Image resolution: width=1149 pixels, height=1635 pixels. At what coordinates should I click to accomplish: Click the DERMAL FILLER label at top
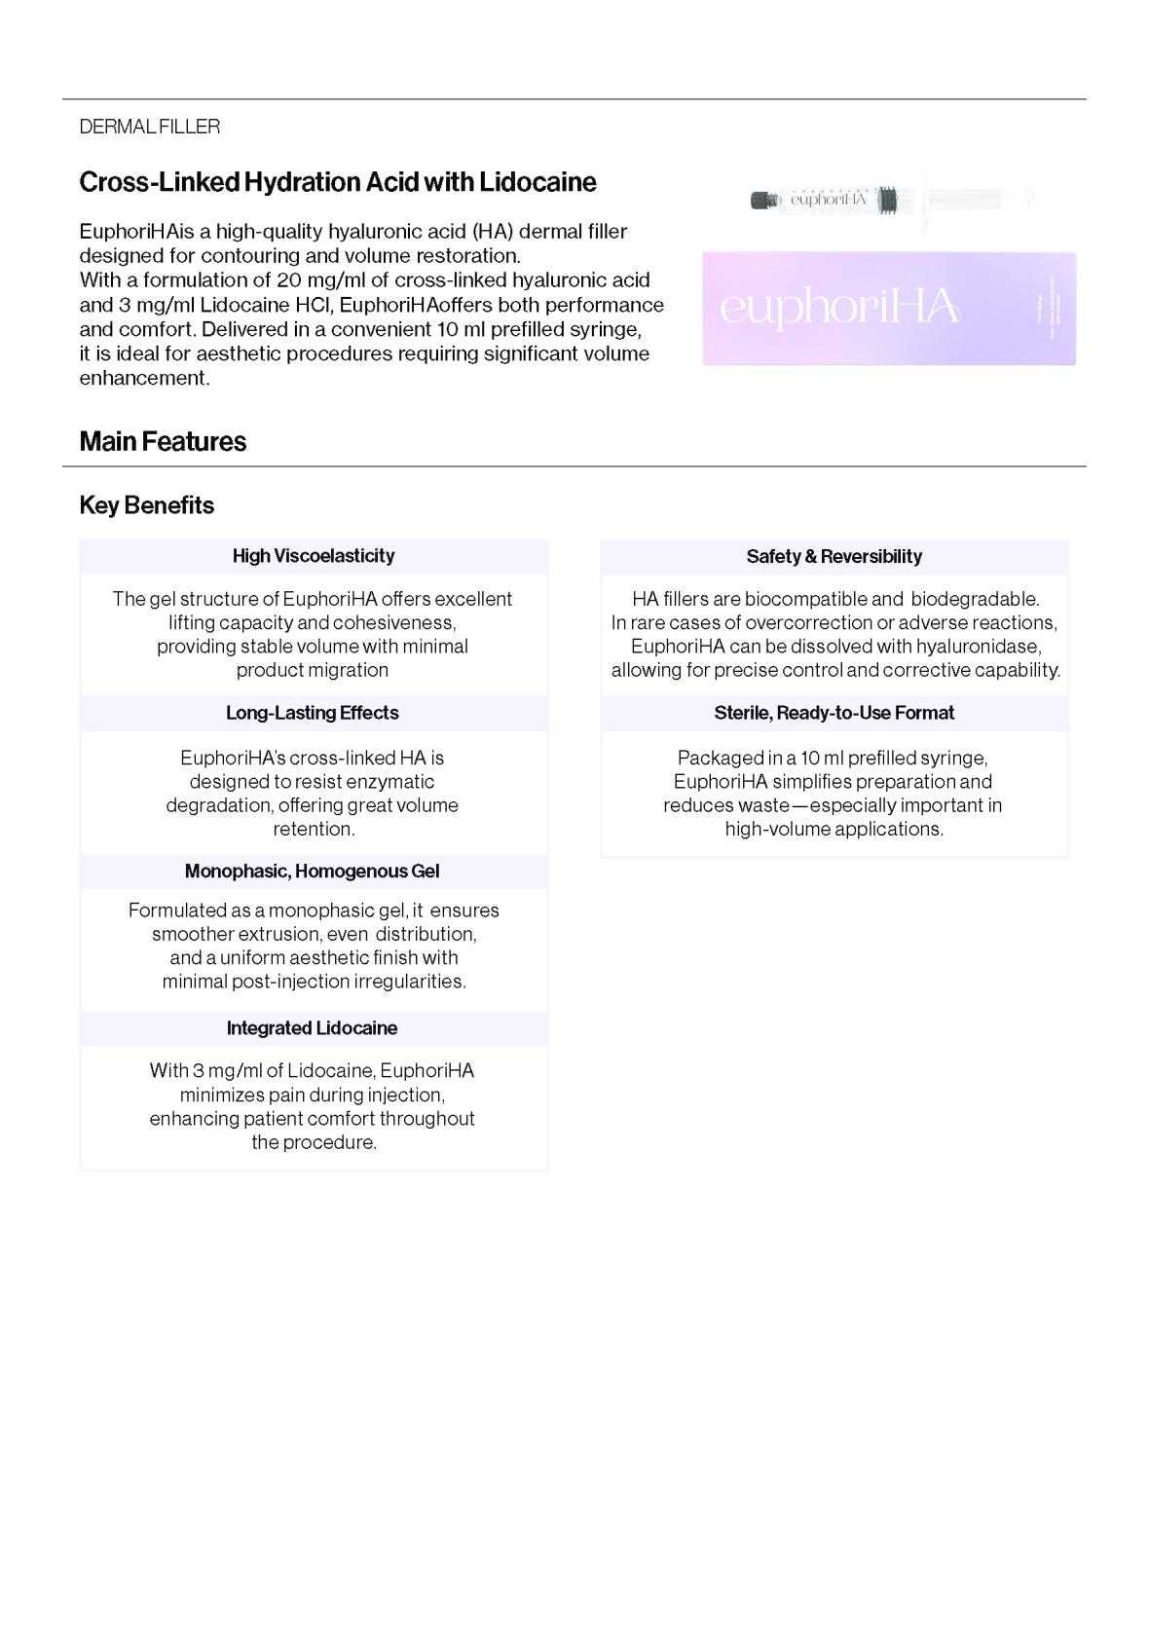point(150,127)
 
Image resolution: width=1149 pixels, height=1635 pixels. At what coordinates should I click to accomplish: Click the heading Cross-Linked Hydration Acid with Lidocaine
point(337,182)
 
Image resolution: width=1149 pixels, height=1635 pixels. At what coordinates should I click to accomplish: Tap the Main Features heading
point(163,441)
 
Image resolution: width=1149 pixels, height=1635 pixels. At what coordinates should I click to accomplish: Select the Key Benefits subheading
point(146,505)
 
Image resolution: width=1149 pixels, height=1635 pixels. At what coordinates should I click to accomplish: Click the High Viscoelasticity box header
point(314,556)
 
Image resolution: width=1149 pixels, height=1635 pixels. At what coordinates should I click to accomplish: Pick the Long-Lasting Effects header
point(313,713)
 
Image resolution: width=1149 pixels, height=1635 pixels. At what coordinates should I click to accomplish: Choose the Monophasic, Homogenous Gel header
point(313,872)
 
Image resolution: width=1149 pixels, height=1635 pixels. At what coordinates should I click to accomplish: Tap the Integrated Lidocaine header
point(313,1028)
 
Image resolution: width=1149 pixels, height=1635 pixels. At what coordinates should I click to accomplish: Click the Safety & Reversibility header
point(834,557)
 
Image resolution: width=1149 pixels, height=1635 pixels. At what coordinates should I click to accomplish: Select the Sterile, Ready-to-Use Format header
point(834,713)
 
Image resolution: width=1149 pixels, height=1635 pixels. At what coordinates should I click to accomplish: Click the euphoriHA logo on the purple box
point(839,308)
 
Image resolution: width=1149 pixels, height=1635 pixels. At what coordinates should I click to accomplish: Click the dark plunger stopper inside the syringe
point(887,200)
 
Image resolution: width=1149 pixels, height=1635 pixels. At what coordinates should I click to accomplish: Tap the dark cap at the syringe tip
point(761,200)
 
